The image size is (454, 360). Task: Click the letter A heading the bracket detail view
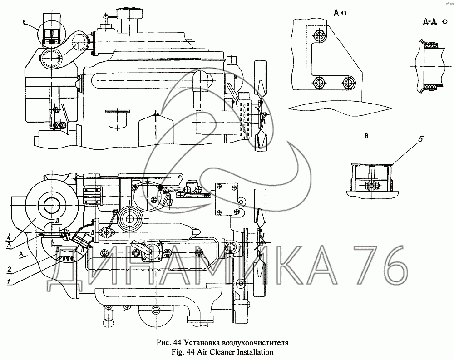[337, 13]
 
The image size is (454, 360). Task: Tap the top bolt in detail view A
[320, 35]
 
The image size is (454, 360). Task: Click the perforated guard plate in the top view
[245, 117]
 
